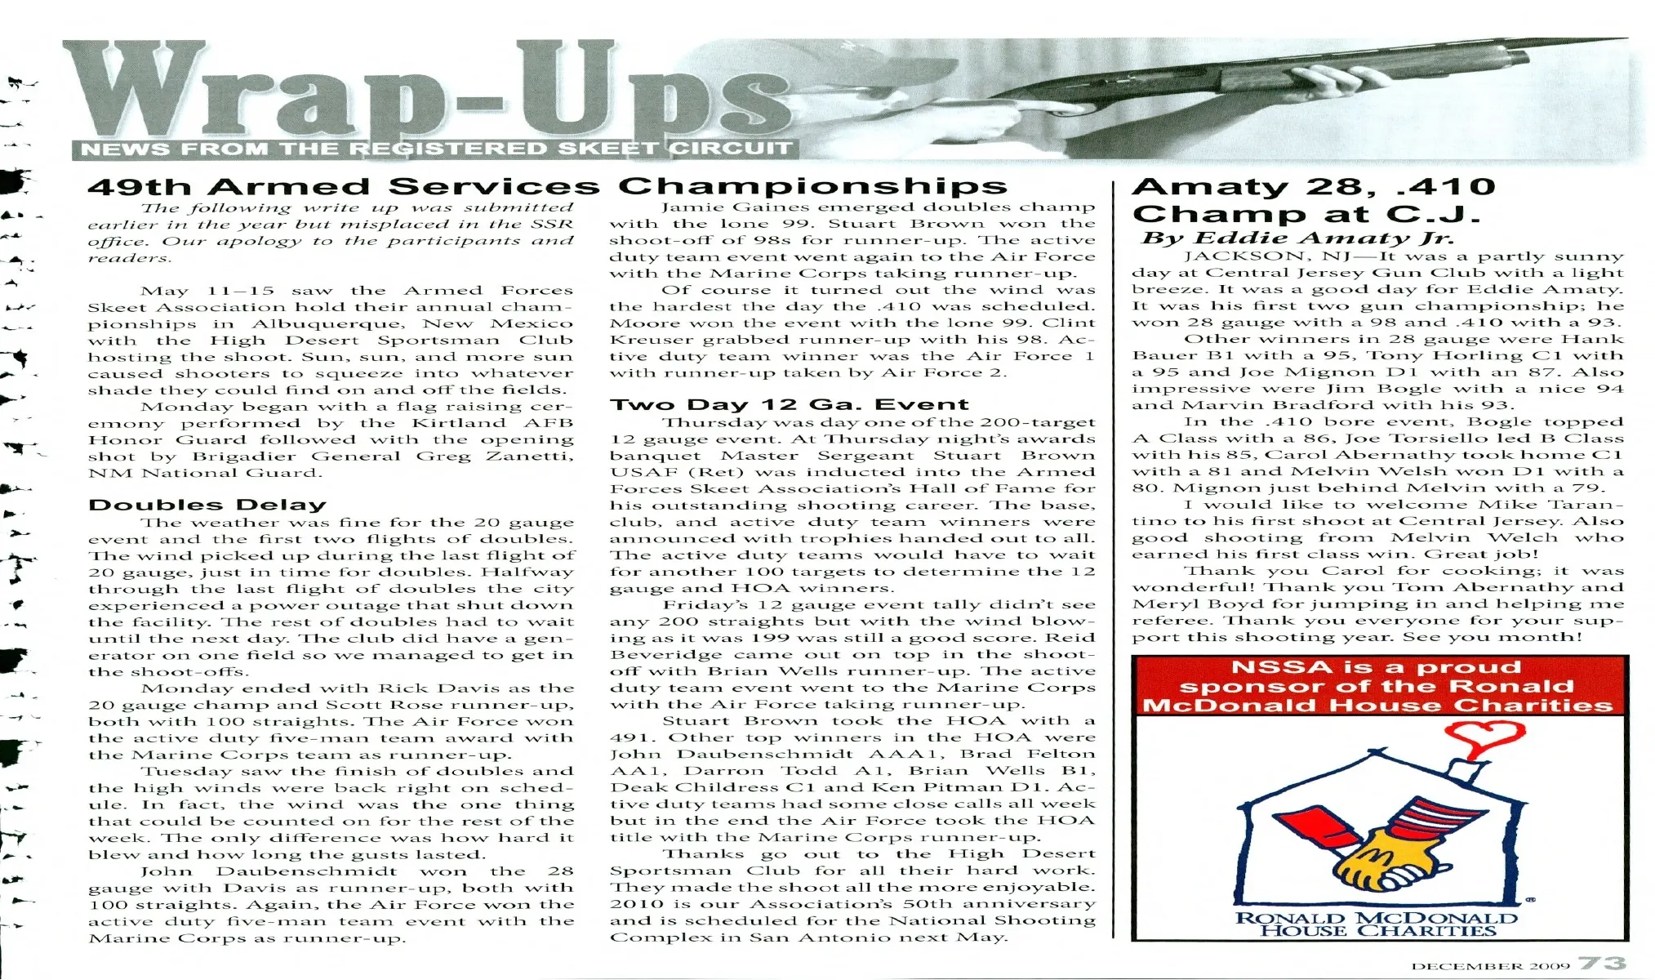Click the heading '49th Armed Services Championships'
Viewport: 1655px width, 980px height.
(547, 186)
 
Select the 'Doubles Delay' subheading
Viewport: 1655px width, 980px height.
(207, 505)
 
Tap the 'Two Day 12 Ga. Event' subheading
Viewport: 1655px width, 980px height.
(790, 404)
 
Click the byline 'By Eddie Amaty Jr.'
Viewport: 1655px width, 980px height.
(1297, 238)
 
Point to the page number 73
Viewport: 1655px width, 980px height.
(1602, 964)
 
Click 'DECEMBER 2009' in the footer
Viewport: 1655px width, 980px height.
(1490, 966)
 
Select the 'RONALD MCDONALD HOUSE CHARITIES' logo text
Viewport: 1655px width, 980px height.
(1377, 924)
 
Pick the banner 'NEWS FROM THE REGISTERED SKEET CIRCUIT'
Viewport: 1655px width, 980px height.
(434, 149)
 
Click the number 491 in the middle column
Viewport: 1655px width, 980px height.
(628, 737)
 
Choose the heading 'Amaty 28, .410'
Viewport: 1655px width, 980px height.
(1314, 186)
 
